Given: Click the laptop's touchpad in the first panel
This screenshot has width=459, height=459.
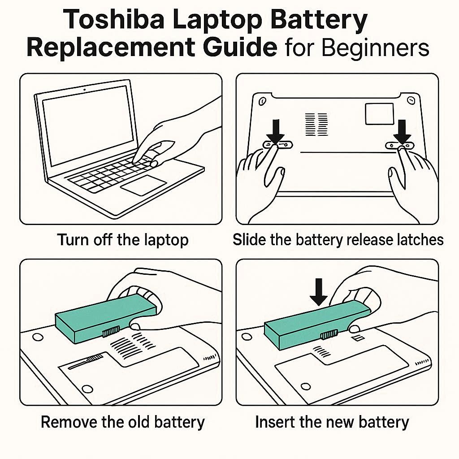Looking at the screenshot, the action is click(143, 185).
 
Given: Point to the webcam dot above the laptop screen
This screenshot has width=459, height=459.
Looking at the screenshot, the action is click(84, 90).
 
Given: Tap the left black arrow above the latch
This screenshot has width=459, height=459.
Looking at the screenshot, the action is click(276, 131).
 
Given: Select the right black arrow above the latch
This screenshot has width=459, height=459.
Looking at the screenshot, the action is click(402, 131).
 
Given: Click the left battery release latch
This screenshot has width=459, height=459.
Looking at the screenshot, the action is click(277, 145).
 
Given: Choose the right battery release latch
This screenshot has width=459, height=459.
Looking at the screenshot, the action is click(400, 145).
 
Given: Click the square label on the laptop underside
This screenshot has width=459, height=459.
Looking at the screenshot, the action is click(379, 114).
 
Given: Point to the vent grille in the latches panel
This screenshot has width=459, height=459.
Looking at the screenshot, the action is click(316, 125).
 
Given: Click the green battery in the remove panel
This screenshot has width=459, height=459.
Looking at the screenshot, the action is click(105, 319).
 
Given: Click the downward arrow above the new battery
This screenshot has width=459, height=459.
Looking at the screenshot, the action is click(319, 292).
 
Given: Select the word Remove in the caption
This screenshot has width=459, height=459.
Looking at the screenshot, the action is click(69, 422).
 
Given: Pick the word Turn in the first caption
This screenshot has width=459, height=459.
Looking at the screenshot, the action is click(73, 240).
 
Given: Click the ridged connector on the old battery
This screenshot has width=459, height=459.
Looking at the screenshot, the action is click(111, 331).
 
